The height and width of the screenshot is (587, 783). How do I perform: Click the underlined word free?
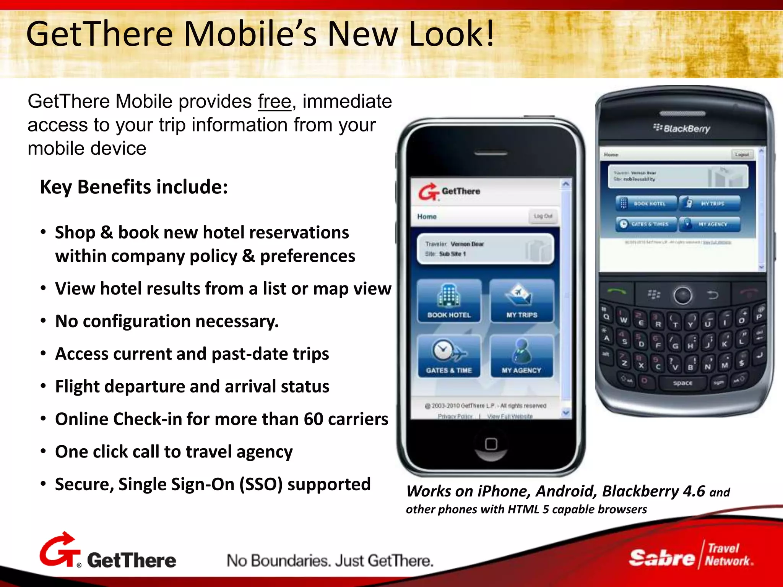[275, 102]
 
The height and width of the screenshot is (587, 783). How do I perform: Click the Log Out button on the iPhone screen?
[543, 216]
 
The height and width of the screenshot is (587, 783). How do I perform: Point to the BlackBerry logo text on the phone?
[682, 128]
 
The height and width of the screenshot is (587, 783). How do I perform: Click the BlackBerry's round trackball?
[682, 295]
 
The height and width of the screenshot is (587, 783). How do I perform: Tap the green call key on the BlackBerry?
[616, 292]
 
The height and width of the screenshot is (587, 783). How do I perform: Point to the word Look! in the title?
[452, 34]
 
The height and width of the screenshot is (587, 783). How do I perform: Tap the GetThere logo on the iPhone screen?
[450, 191]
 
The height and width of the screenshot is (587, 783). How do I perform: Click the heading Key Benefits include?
[134, 187]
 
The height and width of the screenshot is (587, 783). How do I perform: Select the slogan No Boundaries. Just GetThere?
[330, 561]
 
